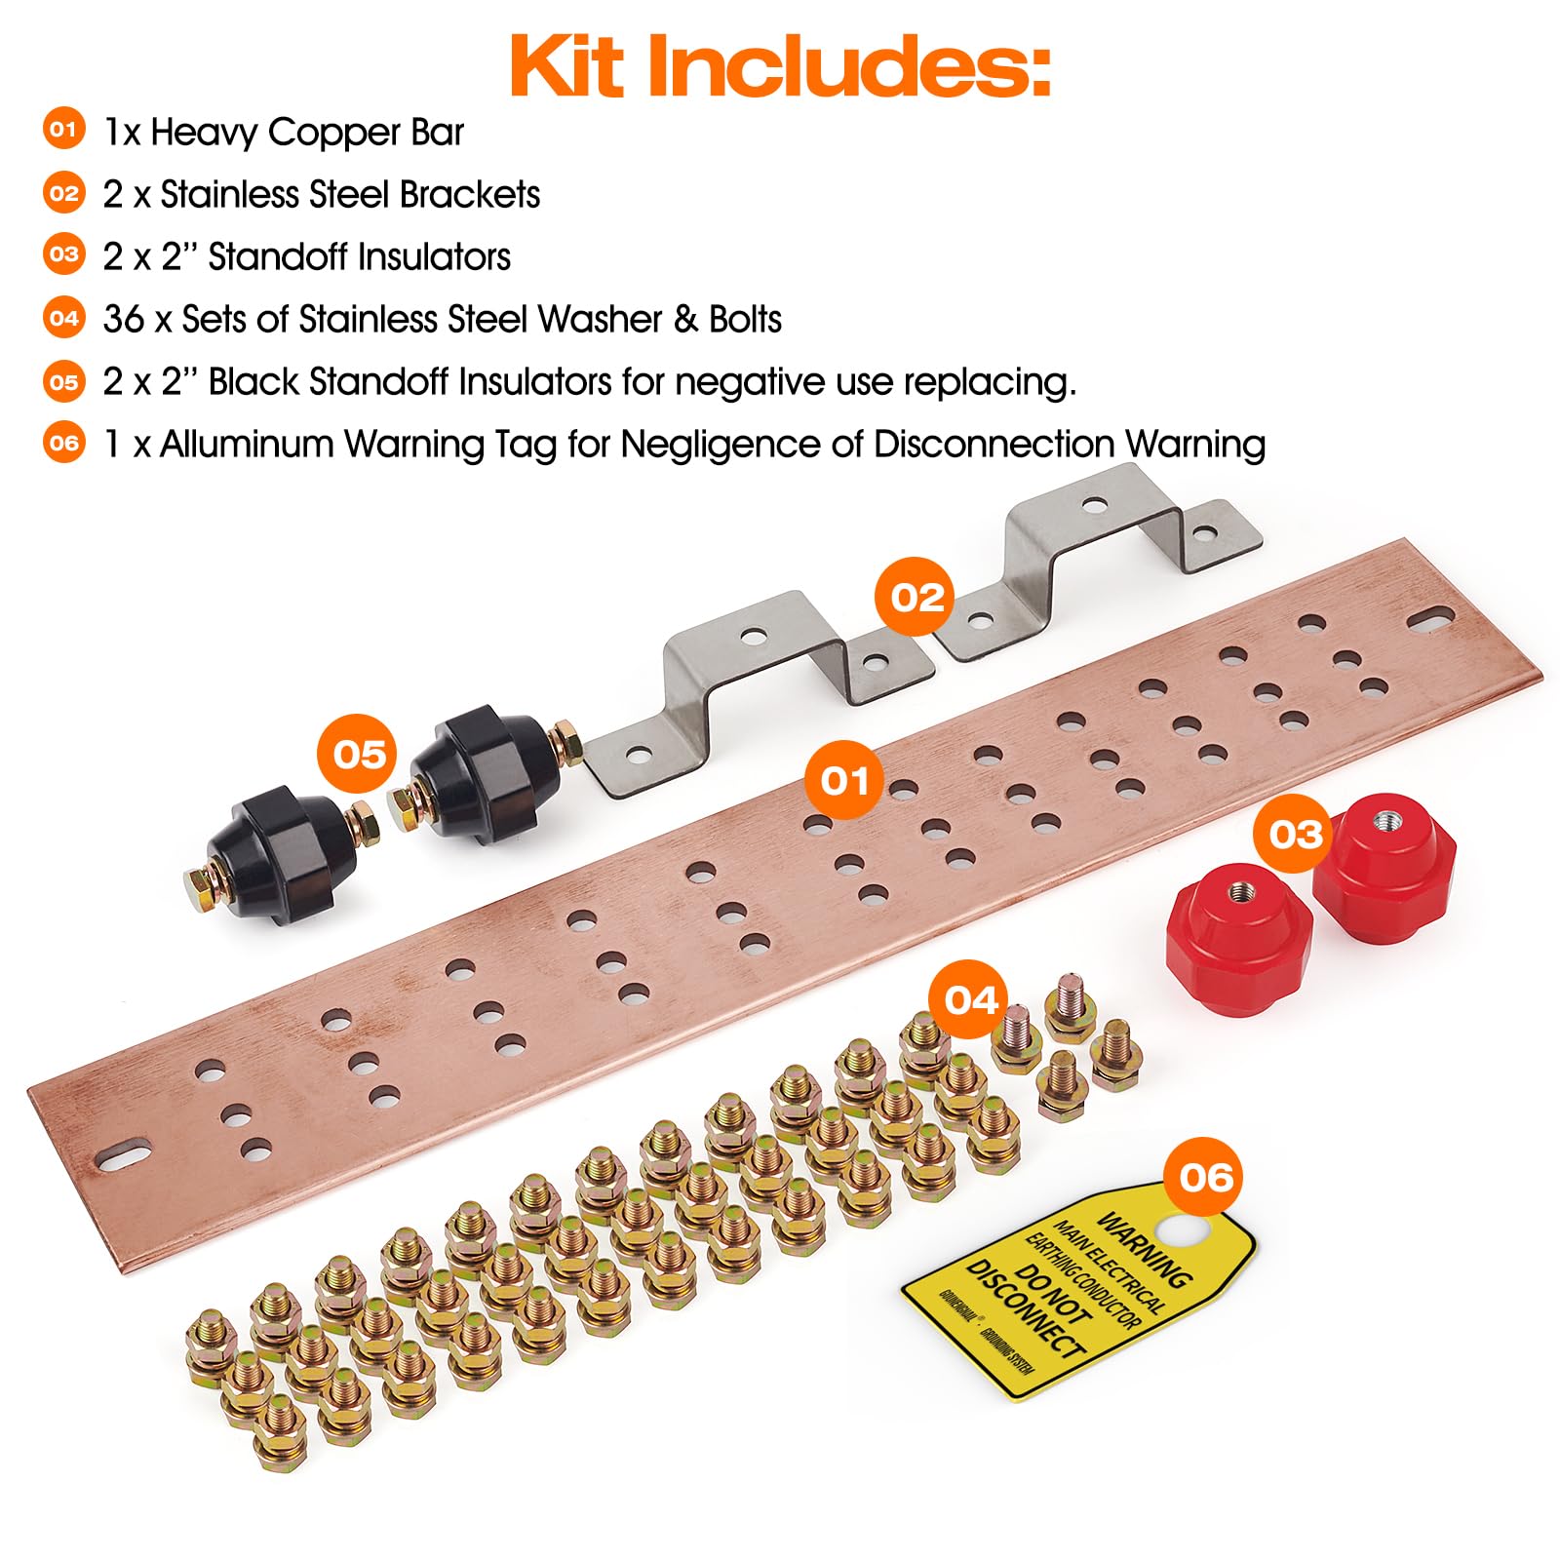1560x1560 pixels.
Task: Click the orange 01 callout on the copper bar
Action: (x=844, y=780)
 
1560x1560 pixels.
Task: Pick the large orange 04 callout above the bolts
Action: (x=971, y=1000)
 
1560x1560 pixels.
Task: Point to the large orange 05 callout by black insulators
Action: (x=359, y=754)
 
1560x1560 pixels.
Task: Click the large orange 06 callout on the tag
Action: (x=1206, y=1177)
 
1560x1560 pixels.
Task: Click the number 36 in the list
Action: (x=124, y=320)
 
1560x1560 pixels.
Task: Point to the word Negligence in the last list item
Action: (x=721, y=445)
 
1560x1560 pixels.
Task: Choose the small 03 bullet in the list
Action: (x=64, y=255)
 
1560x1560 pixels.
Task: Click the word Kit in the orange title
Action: (x=565, y=66)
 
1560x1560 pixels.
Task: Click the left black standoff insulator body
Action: (x=283, y=846)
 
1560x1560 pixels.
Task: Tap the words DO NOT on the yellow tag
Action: (x=1051, y=1293)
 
